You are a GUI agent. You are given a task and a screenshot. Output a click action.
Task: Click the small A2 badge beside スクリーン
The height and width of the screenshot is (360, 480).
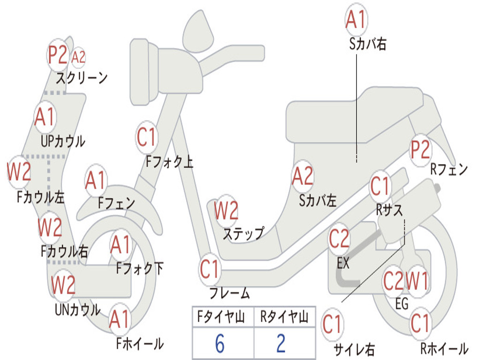[x=79, y=57]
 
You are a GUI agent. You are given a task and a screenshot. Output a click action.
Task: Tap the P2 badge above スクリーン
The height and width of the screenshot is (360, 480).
[x=58, y=55]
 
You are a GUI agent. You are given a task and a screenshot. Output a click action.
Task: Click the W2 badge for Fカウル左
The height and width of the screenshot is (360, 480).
[x=19, y=172]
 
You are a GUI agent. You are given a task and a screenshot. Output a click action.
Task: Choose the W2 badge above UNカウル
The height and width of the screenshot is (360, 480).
[x=63, y=285]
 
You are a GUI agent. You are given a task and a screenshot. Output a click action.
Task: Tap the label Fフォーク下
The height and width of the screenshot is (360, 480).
[x=140, y=269]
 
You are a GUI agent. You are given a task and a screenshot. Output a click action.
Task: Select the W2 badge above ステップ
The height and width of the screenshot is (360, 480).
[x=226, y=211]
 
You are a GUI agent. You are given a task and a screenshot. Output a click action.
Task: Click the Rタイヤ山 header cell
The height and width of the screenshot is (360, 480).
[x=284, y=317]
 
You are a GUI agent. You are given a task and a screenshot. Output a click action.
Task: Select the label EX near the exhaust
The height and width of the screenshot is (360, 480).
[x=343, y=263]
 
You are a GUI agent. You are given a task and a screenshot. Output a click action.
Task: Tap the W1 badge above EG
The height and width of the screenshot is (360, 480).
[x=417, y=282]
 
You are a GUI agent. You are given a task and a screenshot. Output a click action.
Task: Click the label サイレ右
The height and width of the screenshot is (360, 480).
[x=354, y=349]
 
